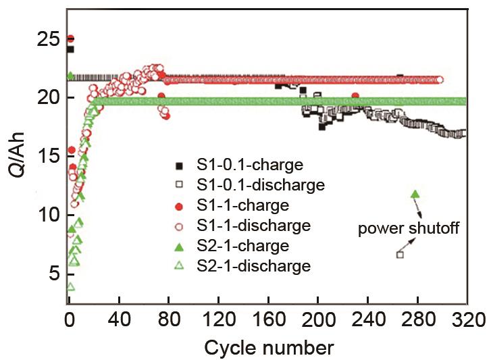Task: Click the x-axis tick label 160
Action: (x=267, y=319)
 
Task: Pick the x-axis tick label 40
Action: (x=119, y=319)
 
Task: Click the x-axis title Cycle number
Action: (x=269, y=347)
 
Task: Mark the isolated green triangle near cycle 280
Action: (x=415, y=195)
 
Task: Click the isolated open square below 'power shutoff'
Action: (x=400, y=255)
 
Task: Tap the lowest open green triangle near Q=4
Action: (x=70, y=287)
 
